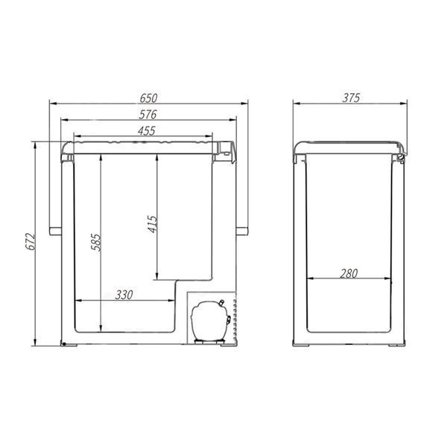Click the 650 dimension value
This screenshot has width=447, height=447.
point(148,98)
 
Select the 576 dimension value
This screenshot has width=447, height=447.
point(148,115)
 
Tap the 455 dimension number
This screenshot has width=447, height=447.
point(147,131)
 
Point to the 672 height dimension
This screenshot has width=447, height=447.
point(31,242)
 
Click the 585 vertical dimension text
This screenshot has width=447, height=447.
point(96,242)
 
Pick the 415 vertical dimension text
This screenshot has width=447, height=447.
point(153,224)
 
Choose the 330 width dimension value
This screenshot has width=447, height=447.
point(124,295)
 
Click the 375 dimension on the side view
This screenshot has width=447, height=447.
point(351,98)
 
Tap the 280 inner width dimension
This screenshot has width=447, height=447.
point(349,273)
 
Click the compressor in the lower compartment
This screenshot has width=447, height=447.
point(210,321)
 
